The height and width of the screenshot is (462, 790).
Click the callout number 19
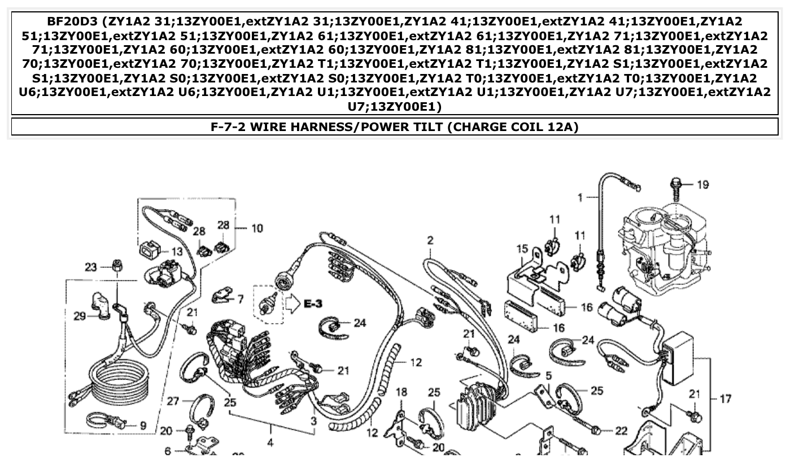click(x=702, y=185)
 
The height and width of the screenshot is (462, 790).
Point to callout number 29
click(x=80, y=315)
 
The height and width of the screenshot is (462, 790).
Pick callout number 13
click(x=177, y=252)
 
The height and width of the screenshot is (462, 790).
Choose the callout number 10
click(x=257, y=228)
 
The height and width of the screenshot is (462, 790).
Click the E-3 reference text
click(x=313, y=304)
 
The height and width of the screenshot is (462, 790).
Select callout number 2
click(x=430, y=240)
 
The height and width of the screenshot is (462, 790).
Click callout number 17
click(x=726, y=399)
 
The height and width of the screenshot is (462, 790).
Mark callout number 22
click(x=621, y=431)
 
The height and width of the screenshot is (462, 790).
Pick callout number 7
click(x=240, y=299)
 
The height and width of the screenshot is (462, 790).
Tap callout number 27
click(x=173, y=402)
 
